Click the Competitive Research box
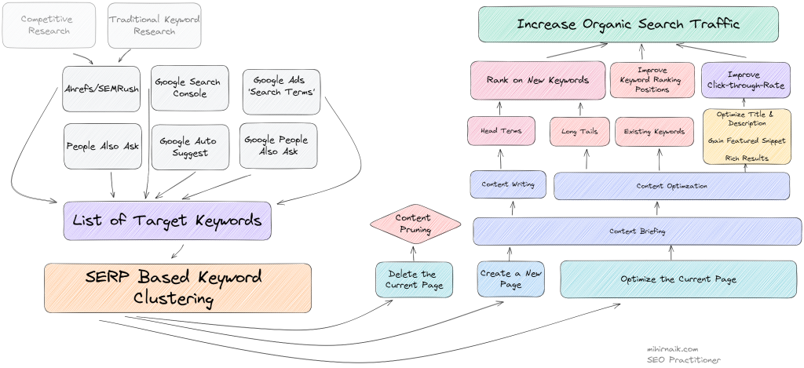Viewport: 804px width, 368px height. point(45,24)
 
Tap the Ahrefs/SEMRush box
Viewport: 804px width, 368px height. point(102,88)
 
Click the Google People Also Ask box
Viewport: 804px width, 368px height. point(278,145)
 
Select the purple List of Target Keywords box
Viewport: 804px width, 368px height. point(167,220)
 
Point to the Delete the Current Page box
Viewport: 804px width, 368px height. point(414,279)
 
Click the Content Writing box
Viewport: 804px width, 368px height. point(508,184)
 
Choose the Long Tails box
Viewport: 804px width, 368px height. point(579,132)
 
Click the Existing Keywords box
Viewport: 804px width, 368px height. point(654,132)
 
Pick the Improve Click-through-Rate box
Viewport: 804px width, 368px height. point(744,80)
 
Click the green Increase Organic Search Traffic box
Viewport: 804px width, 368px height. point(628,24)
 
